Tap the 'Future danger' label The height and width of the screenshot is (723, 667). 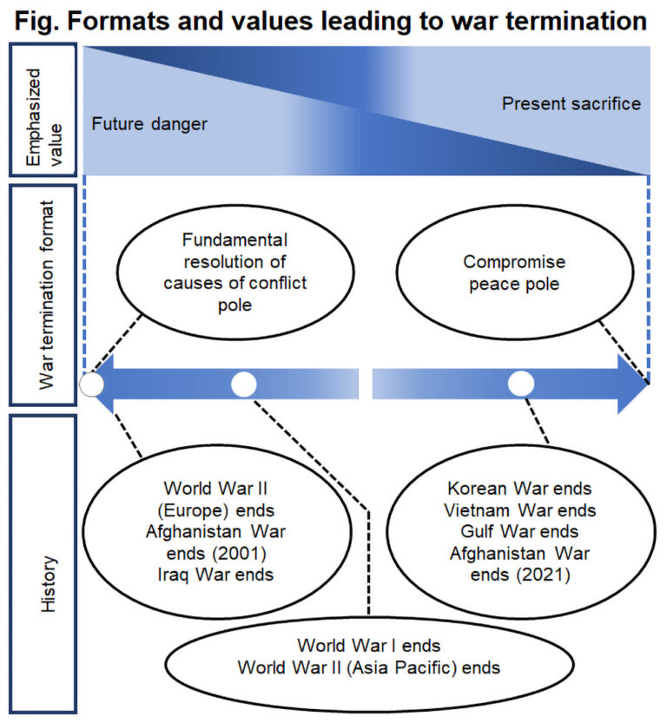coord(149,124)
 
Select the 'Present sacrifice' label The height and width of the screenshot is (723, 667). coord(571,104)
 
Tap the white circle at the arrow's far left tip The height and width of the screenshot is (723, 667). coord(91,384)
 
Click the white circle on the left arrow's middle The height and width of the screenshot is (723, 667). coord(244,384)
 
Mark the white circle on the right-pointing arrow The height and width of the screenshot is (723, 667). coord(521,384)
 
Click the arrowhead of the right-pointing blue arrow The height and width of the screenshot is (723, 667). coord(632,384)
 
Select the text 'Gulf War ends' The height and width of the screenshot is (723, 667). coord(519,531)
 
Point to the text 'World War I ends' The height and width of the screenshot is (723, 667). coord(369,646)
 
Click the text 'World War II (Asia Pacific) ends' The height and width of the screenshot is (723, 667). coord(369,667)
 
